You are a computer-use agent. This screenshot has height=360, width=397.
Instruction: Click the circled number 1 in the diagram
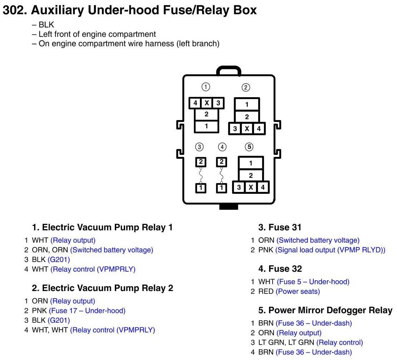206,87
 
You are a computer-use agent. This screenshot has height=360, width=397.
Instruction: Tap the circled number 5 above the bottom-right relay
249,147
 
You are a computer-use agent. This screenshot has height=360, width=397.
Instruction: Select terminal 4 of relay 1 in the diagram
195,103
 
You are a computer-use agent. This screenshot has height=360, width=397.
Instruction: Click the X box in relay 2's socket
247,129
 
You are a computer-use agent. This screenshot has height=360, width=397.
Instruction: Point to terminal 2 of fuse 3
201,162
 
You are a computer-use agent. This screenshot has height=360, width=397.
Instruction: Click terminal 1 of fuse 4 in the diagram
222,187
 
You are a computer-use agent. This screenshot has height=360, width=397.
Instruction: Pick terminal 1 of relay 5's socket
251,163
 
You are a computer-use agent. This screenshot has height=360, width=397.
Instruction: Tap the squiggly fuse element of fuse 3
201,175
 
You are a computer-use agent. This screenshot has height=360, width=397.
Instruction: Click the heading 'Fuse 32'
280,269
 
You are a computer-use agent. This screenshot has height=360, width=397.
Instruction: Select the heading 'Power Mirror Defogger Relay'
325,310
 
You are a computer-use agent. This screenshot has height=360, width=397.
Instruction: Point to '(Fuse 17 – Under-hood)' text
87,311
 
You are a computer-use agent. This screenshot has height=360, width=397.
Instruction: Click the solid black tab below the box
229,207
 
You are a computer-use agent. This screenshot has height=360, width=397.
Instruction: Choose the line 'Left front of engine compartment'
97,34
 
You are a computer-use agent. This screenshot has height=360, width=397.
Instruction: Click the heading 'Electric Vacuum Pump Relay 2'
107,288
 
